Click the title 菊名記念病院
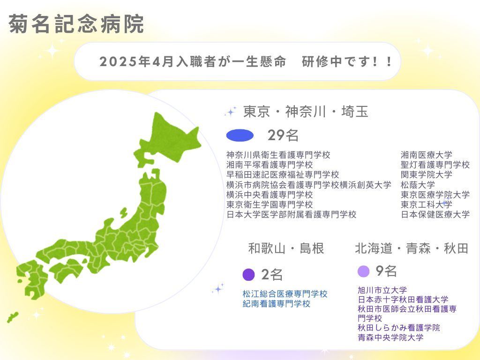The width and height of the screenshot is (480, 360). point(76,24)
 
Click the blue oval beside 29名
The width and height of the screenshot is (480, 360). point(240,135)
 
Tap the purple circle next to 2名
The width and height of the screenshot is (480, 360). point(249,275)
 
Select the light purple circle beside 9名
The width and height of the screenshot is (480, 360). point(363,271)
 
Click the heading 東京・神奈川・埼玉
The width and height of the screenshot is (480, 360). point(305,112)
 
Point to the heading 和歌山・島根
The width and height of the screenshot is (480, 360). point(286,248)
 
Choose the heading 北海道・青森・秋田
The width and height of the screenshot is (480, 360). point(412,248)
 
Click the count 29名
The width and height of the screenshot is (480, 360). point(283,135)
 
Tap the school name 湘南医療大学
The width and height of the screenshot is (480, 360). point(426,155)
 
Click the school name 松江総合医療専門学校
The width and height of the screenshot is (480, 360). point(285,294)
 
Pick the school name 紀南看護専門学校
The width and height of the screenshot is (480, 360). point(277,304)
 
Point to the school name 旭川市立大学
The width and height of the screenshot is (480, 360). point(382,290)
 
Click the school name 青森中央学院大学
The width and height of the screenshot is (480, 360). point(390,337)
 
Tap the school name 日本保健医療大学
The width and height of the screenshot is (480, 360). point(435,214)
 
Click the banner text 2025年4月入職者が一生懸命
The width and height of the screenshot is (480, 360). point(193,62)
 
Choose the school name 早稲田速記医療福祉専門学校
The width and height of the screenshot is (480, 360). point(283,175)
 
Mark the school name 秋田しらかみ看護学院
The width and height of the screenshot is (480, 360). point(398,328)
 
